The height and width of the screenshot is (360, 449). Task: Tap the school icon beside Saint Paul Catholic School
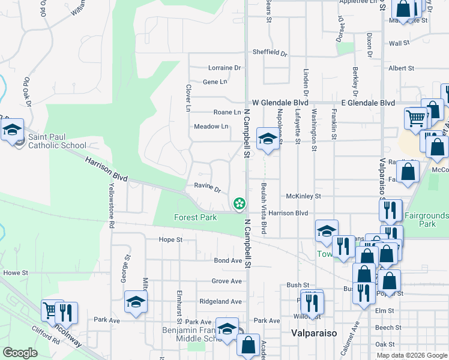[x=11, y=130]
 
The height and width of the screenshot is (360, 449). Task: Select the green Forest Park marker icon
[x=240, y=205]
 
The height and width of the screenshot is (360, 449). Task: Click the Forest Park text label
[x=196, y=217]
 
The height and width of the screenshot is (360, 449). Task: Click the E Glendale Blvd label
[x=368, y=103]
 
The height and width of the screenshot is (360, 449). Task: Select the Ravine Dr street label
[x=208, y=186]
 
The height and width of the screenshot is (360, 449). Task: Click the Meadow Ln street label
[x=211, y=127]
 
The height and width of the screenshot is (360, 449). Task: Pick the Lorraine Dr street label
[x=224, y=68]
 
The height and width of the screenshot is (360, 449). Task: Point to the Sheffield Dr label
[x=270, y=52]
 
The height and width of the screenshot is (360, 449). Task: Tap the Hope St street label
[x=170, y=239]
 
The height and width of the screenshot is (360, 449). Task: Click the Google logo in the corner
[x=20, y=352]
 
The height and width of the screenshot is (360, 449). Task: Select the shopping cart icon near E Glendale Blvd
[x=415, y=118]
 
